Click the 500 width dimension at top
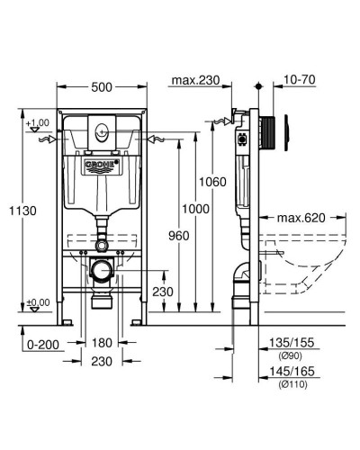102,86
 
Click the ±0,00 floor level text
38,302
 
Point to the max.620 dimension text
301,219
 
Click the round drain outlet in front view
101,270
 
